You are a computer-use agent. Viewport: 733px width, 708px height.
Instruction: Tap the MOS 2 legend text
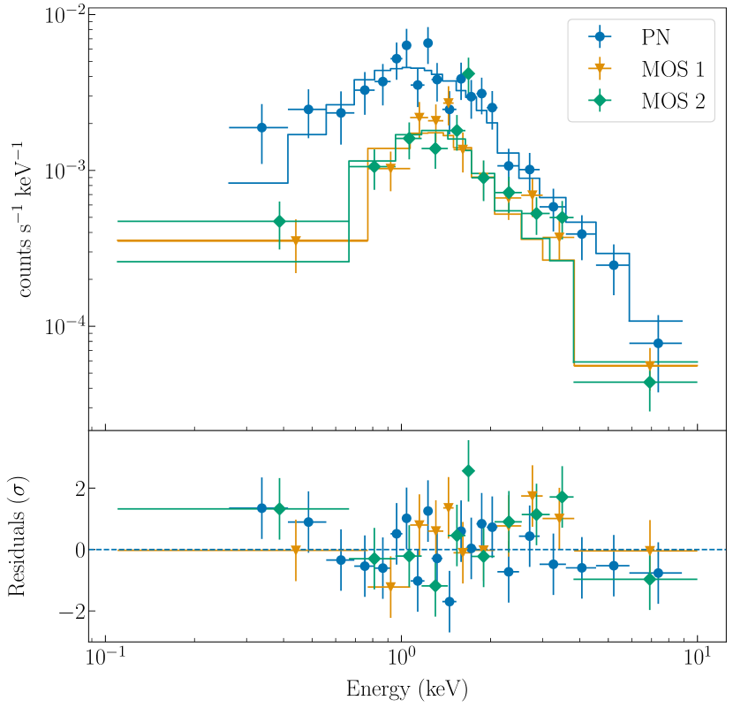click(x=673, y=101)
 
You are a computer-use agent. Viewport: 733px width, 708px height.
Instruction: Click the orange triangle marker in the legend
click(x=601, y=68)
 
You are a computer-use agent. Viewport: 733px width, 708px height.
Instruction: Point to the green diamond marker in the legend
click(x=601, y=101)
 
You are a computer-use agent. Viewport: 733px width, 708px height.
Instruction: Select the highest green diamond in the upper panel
click(x=468, y=73)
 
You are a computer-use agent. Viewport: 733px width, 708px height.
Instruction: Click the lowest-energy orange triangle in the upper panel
click(x=296, y=240)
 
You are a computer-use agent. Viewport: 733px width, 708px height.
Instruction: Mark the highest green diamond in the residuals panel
click(x=468, y=470)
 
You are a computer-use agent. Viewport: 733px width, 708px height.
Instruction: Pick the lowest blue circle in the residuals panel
click(x=450, y=602)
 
